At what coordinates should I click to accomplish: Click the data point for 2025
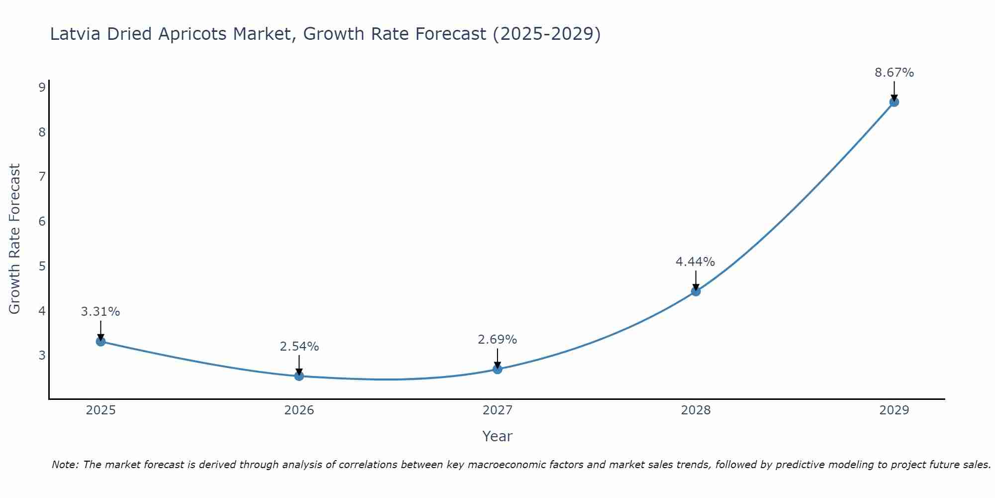pyautogui.click(x=100, y=341)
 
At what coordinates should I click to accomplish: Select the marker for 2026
pyautogui.click(x=299, y=376)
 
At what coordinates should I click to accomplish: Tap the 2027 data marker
pyautogui.click(x=497, y=369)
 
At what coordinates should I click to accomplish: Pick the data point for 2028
pyautogui.click(x=696, y=291)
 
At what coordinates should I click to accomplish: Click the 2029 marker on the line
pyautogui.click(x=894, y=102)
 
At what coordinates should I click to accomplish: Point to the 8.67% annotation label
pyautogui.click(x=894, y=73)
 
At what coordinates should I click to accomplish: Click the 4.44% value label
pyautogui.click(x=695, y=262)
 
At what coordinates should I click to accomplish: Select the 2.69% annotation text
pyautogui.click(x=497, y=340)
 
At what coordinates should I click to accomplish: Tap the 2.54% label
pyautogui.click(x=299, y=347)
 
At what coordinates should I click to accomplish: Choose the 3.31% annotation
pyautogui.click(x=100, y=312)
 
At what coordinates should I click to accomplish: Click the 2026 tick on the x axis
pyautogui.click(x=299, y=410)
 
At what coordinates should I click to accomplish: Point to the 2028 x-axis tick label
pyautogui.click(x=696, y=410)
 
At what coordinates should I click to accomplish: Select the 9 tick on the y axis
pyautogui.click(x=42, y=88)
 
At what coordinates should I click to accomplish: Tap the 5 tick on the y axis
pyautogui.click(x=42, y=266)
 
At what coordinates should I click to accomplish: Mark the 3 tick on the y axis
pyautogui.click(x=42, y=355)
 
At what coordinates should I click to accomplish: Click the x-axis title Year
pyautogui.click(x=497, y=436)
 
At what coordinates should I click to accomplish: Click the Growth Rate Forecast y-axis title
pyautogui.click(x=15, y=239)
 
